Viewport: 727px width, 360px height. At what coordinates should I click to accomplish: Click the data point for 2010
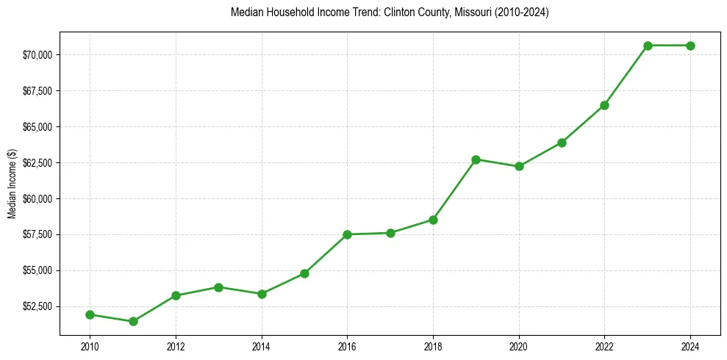(x=90, y=314)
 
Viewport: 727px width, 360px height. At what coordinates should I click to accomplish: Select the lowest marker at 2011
(x=133, y=321)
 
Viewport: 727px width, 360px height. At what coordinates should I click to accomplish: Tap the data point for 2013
(x=218, y=287)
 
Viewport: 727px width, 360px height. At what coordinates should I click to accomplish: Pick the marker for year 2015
(x=304, y=273)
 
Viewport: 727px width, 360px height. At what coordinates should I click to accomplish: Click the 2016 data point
(x=347, y=234)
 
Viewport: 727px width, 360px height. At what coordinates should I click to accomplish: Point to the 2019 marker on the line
(x=476, y=159)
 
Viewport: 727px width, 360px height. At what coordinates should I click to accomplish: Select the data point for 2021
(x=562, y=143)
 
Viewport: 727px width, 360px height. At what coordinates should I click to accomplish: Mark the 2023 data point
(x=648, y=46)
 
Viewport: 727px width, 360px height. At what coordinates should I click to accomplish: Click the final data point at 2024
(x=690, y=46)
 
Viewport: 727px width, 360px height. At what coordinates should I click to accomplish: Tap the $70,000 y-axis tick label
(x=37, y=55)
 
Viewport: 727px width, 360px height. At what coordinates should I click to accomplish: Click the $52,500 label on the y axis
(x=37, y=306)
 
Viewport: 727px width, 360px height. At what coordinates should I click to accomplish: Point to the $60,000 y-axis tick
(x=37, y=198)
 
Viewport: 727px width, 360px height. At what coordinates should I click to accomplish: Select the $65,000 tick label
(x=37, y=127)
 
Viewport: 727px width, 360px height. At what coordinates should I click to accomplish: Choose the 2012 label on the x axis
(x=176, y=347)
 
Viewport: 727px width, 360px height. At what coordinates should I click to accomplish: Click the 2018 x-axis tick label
(x=433, y=347)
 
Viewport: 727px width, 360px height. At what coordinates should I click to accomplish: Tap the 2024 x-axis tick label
(x=690, y=347)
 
